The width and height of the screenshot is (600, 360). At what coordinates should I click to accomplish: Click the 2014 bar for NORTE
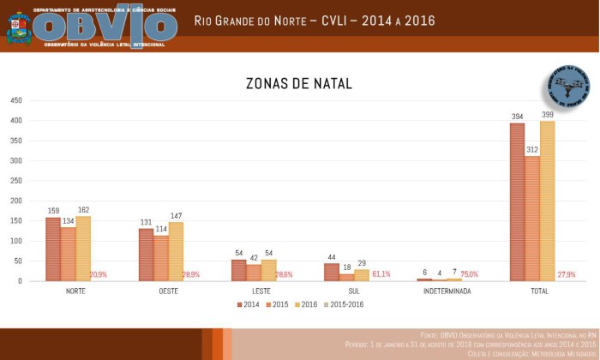[53, 249]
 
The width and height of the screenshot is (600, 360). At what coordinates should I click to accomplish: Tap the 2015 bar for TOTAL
[532, 219]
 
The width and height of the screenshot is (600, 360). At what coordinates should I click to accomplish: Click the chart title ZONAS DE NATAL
[298, 84]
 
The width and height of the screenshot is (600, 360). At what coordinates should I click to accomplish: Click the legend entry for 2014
[249, 303]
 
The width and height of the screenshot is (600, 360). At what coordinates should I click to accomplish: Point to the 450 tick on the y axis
[15, 100]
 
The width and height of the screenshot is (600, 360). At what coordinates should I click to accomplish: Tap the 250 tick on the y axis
[15, 181]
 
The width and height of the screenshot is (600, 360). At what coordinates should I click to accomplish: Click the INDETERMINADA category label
[447, 291]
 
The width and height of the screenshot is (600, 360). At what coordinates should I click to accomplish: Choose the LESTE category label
[261, 291]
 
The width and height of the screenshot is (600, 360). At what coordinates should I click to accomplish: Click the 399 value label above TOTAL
[547, 115]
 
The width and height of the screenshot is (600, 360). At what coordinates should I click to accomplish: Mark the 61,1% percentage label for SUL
[381, 274]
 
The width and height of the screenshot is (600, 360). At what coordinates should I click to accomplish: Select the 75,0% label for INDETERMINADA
[469, 274]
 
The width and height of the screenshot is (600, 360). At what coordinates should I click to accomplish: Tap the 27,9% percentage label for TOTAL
[566, 274]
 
